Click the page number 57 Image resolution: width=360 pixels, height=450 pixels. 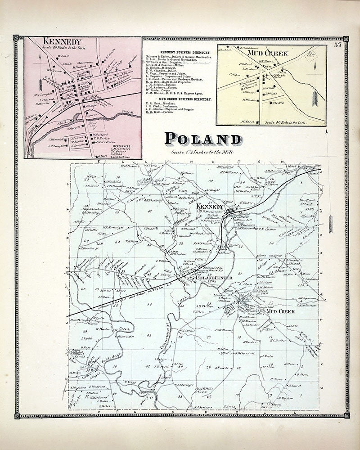337,44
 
